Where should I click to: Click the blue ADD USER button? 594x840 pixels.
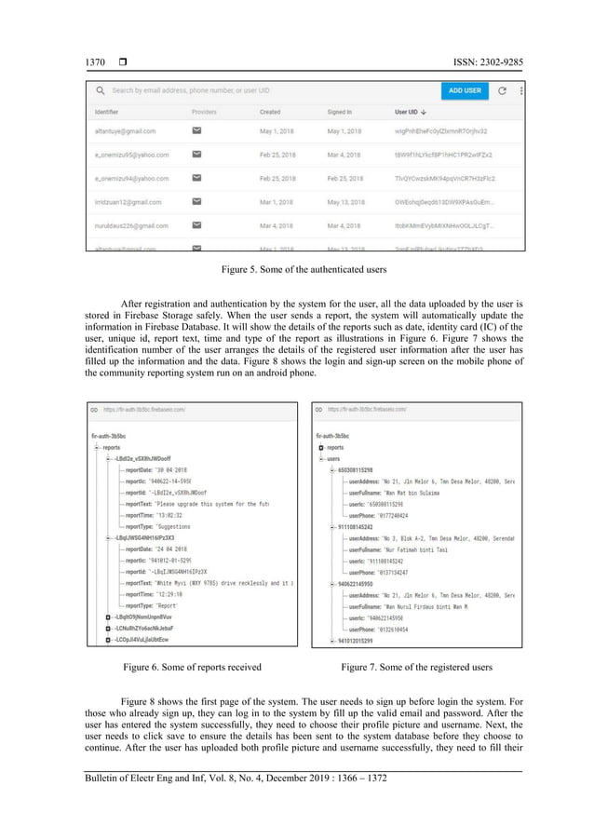click(x=465, y=90)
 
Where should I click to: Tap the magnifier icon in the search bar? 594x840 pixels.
click(x=99, y=90)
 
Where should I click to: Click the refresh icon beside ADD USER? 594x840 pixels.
click(x=502, y=90)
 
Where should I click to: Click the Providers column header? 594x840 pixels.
click(x=204, y=112)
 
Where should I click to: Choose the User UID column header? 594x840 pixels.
click(x=413, y=112)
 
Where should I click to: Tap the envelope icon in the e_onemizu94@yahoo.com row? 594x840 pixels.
click(x=197, y=178)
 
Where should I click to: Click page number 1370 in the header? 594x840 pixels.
click(x=87, y=62)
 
